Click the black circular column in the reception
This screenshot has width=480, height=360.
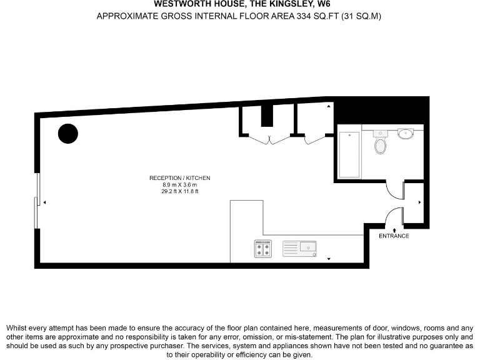point(68,134)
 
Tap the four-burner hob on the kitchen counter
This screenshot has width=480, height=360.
point(263,249)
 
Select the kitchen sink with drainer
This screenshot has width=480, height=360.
point(300,249)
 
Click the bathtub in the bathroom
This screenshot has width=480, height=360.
point(349,154)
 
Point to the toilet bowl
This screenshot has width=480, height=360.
point(380,146)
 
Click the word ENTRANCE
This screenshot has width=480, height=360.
point(394,236)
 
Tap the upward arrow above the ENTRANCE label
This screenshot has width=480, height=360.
point(394,229)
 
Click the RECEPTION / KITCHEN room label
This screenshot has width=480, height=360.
point(179,178)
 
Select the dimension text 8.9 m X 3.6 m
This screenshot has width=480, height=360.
point(179,185)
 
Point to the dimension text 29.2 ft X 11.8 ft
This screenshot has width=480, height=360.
point(179,192)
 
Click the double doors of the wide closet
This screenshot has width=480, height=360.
point(268,139)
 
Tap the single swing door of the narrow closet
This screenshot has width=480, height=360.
point(312,139)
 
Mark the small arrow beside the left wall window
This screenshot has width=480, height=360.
point(44,202)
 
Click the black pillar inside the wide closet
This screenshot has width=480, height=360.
point(267,116)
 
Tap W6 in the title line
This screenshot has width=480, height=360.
point(318,4)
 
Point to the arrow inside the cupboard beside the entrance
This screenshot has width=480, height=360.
point(419,202)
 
